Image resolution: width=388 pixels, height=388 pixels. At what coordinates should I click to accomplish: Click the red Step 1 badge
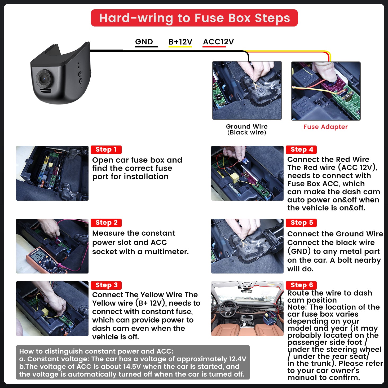106,149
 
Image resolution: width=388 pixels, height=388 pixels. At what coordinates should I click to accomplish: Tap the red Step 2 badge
106,223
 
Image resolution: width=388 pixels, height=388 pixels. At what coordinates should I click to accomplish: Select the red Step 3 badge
106,285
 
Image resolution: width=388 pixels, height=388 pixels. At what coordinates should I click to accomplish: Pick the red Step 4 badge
301,149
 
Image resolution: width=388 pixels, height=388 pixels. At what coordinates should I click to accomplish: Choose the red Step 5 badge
301,223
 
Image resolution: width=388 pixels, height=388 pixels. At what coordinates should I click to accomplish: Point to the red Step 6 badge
301,285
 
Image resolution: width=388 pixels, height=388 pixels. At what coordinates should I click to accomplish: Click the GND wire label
144,42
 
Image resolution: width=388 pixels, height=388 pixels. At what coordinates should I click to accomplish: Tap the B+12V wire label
180,42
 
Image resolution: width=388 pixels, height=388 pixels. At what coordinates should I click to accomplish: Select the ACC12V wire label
218,42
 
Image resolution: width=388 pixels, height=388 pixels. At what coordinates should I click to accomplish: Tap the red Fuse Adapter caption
325,127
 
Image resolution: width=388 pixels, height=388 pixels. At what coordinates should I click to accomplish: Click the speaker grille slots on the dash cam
46,91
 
